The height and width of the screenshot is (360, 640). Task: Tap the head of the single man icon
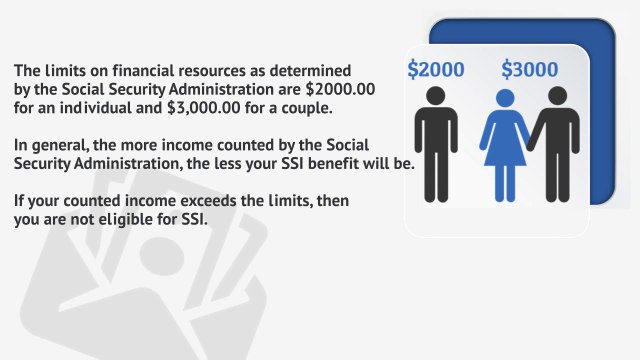tap(435, 96)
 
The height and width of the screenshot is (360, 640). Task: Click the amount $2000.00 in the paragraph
tap(339, 89)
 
